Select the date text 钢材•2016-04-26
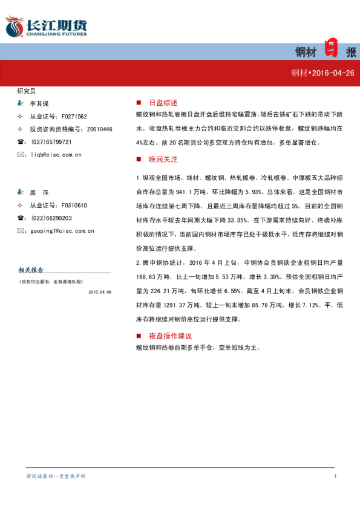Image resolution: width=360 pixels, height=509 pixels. (x=322, y=73)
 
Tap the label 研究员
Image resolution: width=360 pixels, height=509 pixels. (x=27, y=91)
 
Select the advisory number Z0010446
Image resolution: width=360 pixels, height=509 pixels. (x=99, y=129)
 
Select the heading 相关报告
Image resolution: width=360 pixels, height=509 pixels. (x=31, y=270)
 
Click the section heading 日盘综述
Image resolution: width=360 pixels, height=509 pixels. (x=163, y=103)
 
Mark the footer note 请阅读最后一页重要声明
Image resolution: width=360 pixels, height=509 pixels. (x=56, y=476)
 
